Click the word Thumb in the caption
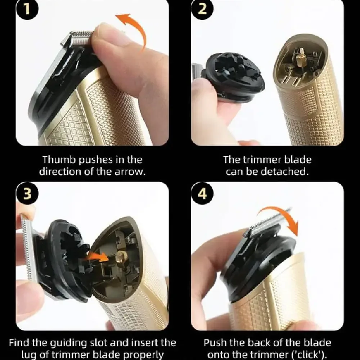[57, 159]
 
